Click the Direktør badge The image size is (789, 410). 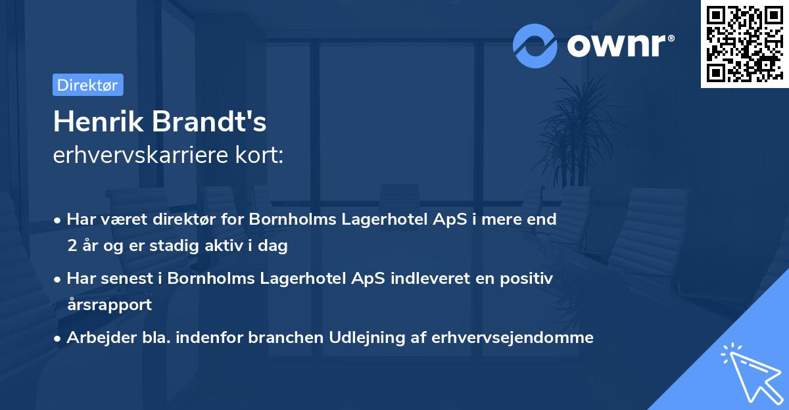(87, 85)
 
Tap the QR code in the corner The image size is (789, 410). (744, 43)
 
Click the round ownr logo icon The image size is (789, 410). (535, 46)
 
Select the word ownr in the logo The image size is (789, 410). (620, 46)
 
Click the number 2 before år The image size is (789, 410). (71, 246)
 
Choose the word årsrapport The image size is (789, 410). (109, 304)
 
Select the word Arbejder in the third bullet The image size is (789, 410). (95, 338)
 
